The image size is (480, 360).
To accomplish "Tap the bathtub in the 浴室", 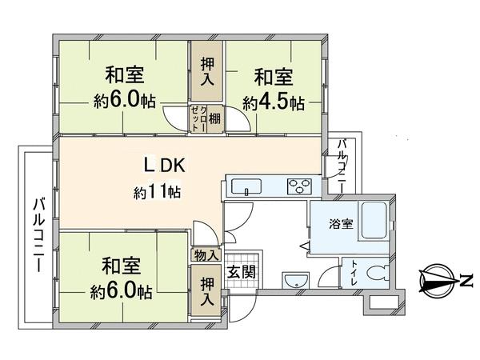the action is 373,221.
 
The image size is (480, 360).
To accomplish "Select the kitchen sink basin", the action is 246,186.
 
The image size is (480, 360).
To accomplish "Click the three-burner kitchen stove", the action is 299,186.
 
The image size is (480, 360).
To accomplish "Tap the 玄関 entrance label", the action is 242,271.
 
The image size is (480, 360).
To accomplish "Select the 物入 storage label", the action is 206,255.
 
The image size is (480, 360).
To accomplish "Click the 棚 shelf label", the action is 214,118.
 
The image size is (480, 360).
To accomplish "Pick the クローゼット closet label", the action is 198,118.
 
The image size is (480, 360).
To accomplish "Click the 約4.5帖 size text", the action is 274,103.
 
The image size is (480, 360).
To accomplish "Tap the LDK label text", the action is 165,166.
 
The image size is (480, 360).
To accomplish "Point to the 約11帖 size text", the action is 157,192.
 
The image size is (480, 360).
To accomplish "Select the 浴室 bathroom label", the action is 341,224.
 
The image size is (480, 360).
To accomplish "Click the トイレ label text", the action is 354,273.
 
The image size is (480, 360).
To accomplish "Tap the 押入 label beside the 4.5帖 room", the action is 207,72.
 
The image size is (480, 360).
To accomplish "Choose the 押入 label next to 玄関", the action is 207,292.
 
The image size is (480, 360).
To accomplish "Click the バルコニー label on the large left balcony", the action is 39,235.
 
